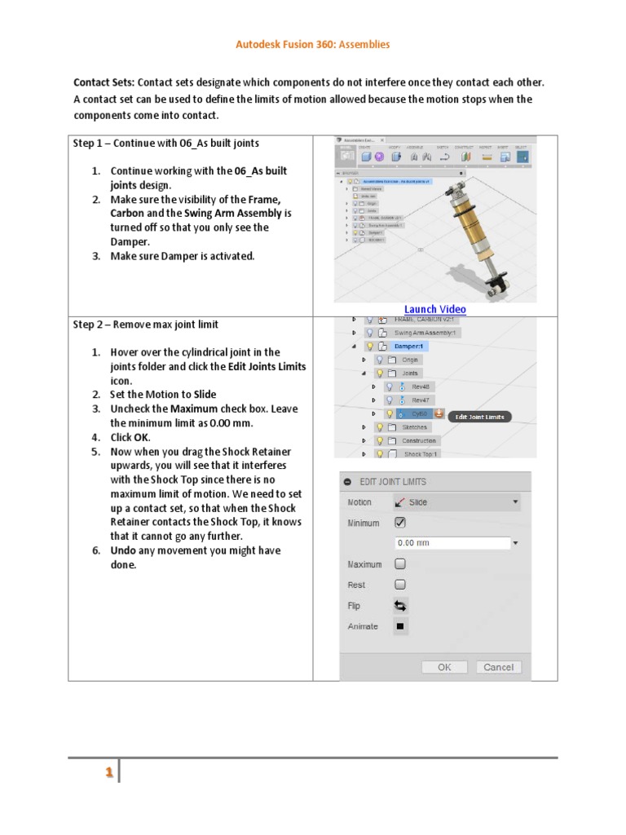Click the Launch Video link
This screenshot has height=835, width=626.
435,309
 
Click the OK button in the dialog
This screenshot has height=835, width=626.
444,667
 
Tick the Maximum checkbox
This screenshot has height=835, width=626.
400,563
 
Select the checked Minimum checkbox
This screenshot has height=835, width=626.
400,523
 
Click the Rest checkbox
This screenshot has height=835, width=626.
400,585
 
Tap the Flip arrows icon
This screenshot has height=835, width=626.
400,606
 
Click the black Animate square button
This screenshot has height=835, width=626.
400,627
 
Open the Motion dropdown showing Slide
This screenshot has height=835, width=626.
456,502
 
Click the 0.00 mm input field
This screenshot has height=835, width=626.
452,543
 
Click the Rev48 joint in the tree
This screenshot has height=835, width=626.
421,387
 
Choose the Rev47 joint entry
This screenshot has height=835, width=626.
421,400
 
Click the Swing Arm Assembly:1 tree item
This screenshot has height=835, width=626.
426,333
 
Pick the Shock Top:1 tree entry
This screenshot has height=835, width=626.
421,454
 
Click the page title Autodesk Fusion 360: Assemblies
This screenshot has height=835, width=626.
313,44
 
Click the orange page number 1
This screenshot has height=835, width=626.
108,773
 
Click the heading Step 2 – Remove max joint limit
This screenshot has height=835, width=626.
145,325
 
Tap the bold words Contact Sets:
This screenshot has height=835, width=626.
104,83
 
